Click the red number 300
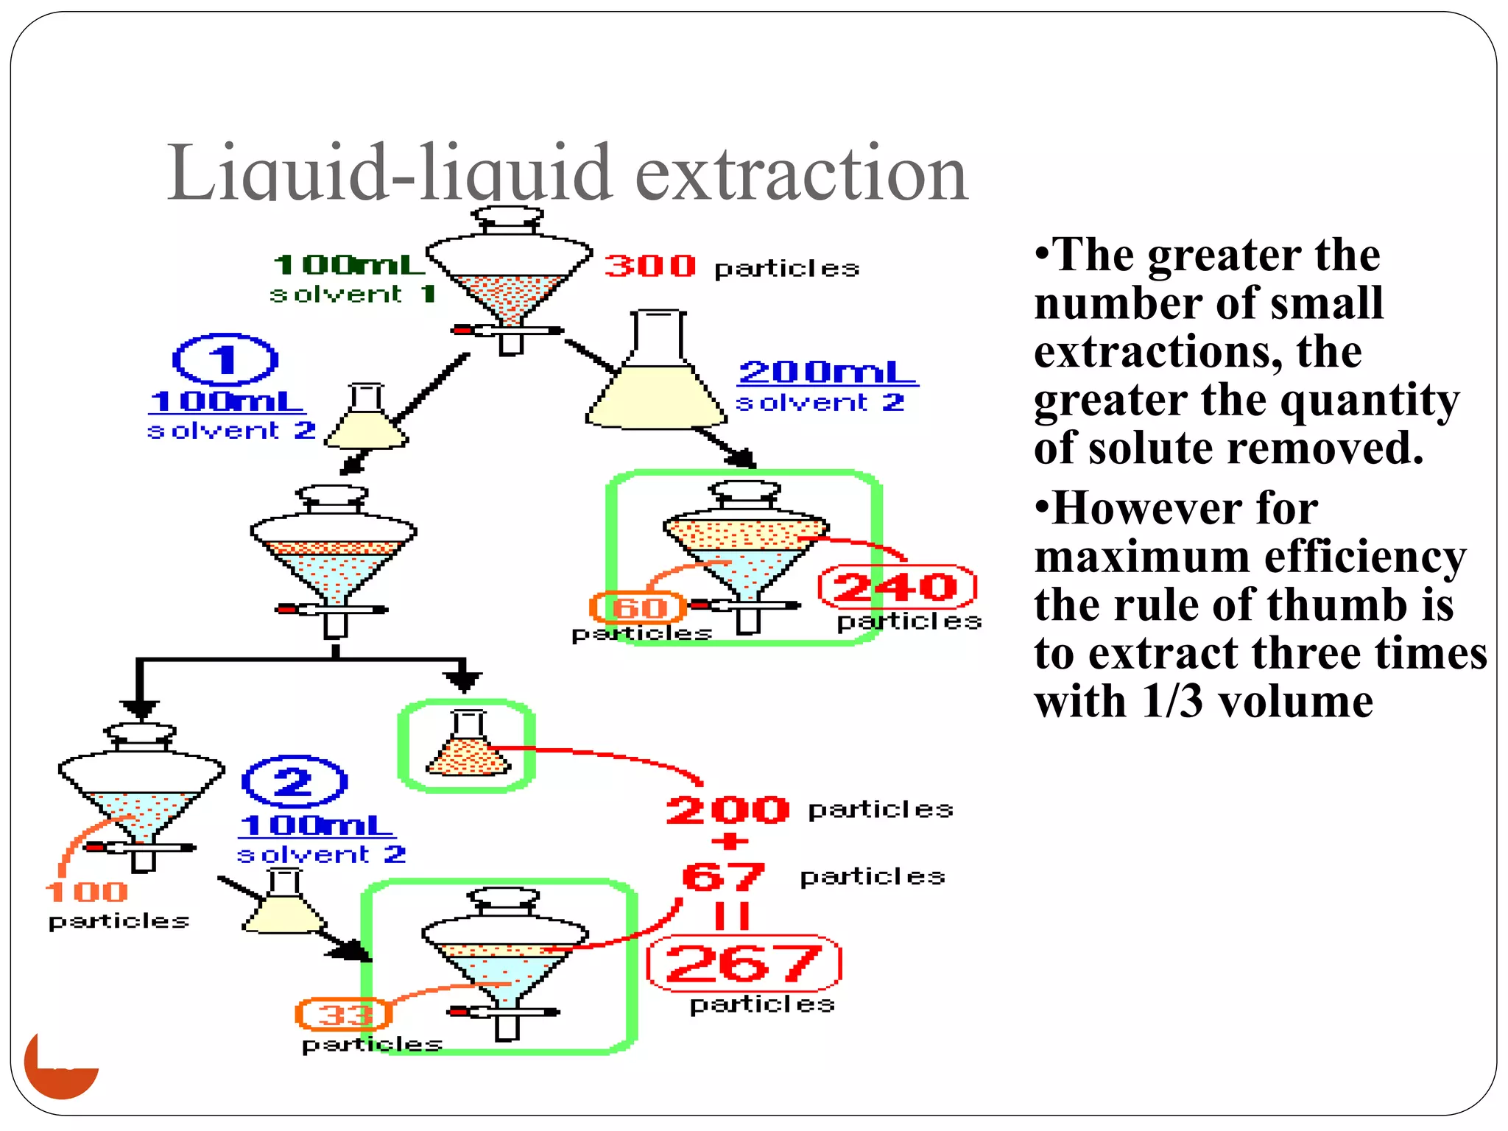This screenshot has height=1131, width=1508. (649, 266)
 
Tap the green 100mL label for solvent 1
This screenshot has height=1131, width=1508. (349, 264)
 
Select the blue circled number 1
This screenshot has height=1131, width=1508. (225, 360)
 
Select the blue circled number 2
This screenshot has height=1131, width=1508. (294, 781)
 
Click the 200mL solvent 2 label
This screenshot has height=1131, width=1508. (828, 373)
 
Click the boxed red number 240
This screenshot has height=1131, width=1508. (897, 587)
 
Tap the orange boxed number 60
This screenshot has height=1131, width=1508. (638, 607)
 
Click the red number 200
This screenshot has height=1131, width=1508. (727, 810)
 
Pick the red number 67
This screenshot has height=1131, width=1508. (723, 876)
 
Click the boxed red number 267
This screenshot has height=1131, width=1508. (744, 964)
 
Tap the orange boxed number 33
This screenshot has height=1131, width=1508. (344, 1015)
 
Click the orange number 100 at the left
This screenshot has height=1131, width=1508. (87, 892)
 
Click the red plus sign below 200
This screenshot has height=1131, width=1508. (730, 842)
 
